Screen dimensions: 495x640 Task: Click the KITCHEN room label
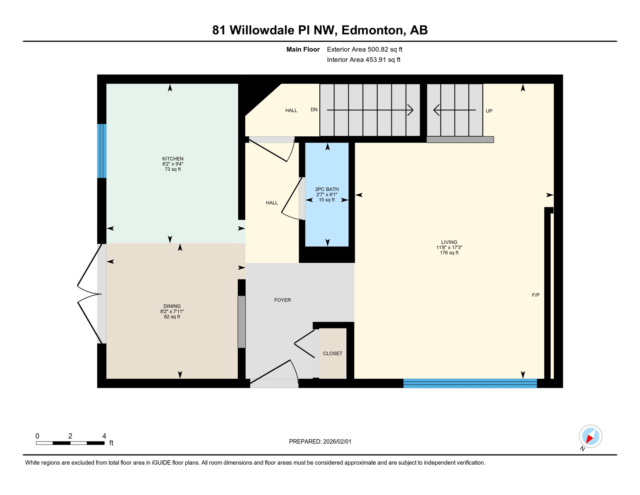[173, 159]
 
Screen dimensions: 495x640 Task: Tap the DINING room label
[172, 306]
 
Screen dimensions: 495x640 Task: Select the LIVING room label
[449, 242]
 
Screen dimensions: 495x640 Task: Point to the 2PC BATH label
[327, 189]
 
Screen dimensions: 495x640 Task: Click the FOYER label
[282, 300]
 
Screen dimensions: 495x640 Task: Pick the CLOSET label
[333, 354]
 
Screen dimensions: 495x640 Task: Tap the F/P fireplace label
[536, 295]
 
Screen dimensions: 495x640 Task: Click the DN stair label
[314, 110]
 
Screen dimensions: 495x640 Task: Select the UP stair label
[489, 111]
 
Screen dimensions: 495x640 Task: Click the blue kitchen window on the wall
[102, 151]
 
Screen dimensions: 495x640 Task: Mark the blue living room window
[470, 383]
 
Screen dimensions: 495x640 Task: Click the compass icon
[590, 436]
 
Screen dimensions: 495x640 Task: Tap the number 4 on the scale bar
[104, 436]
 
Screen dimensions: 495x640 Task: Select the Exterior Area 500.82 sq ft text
[364, 49]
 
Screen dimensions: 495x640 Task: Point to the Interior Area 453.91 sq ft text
[363, 60]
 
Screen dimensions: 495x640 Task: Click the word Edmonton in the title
[372, 30]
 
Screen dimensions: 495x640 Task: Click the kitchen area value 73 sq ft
[173, 169]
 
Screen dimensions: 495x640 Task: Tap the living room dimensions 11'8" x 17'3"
[449, 247]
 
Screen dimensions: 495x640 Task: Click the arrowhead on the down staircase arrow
[411, 110]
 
